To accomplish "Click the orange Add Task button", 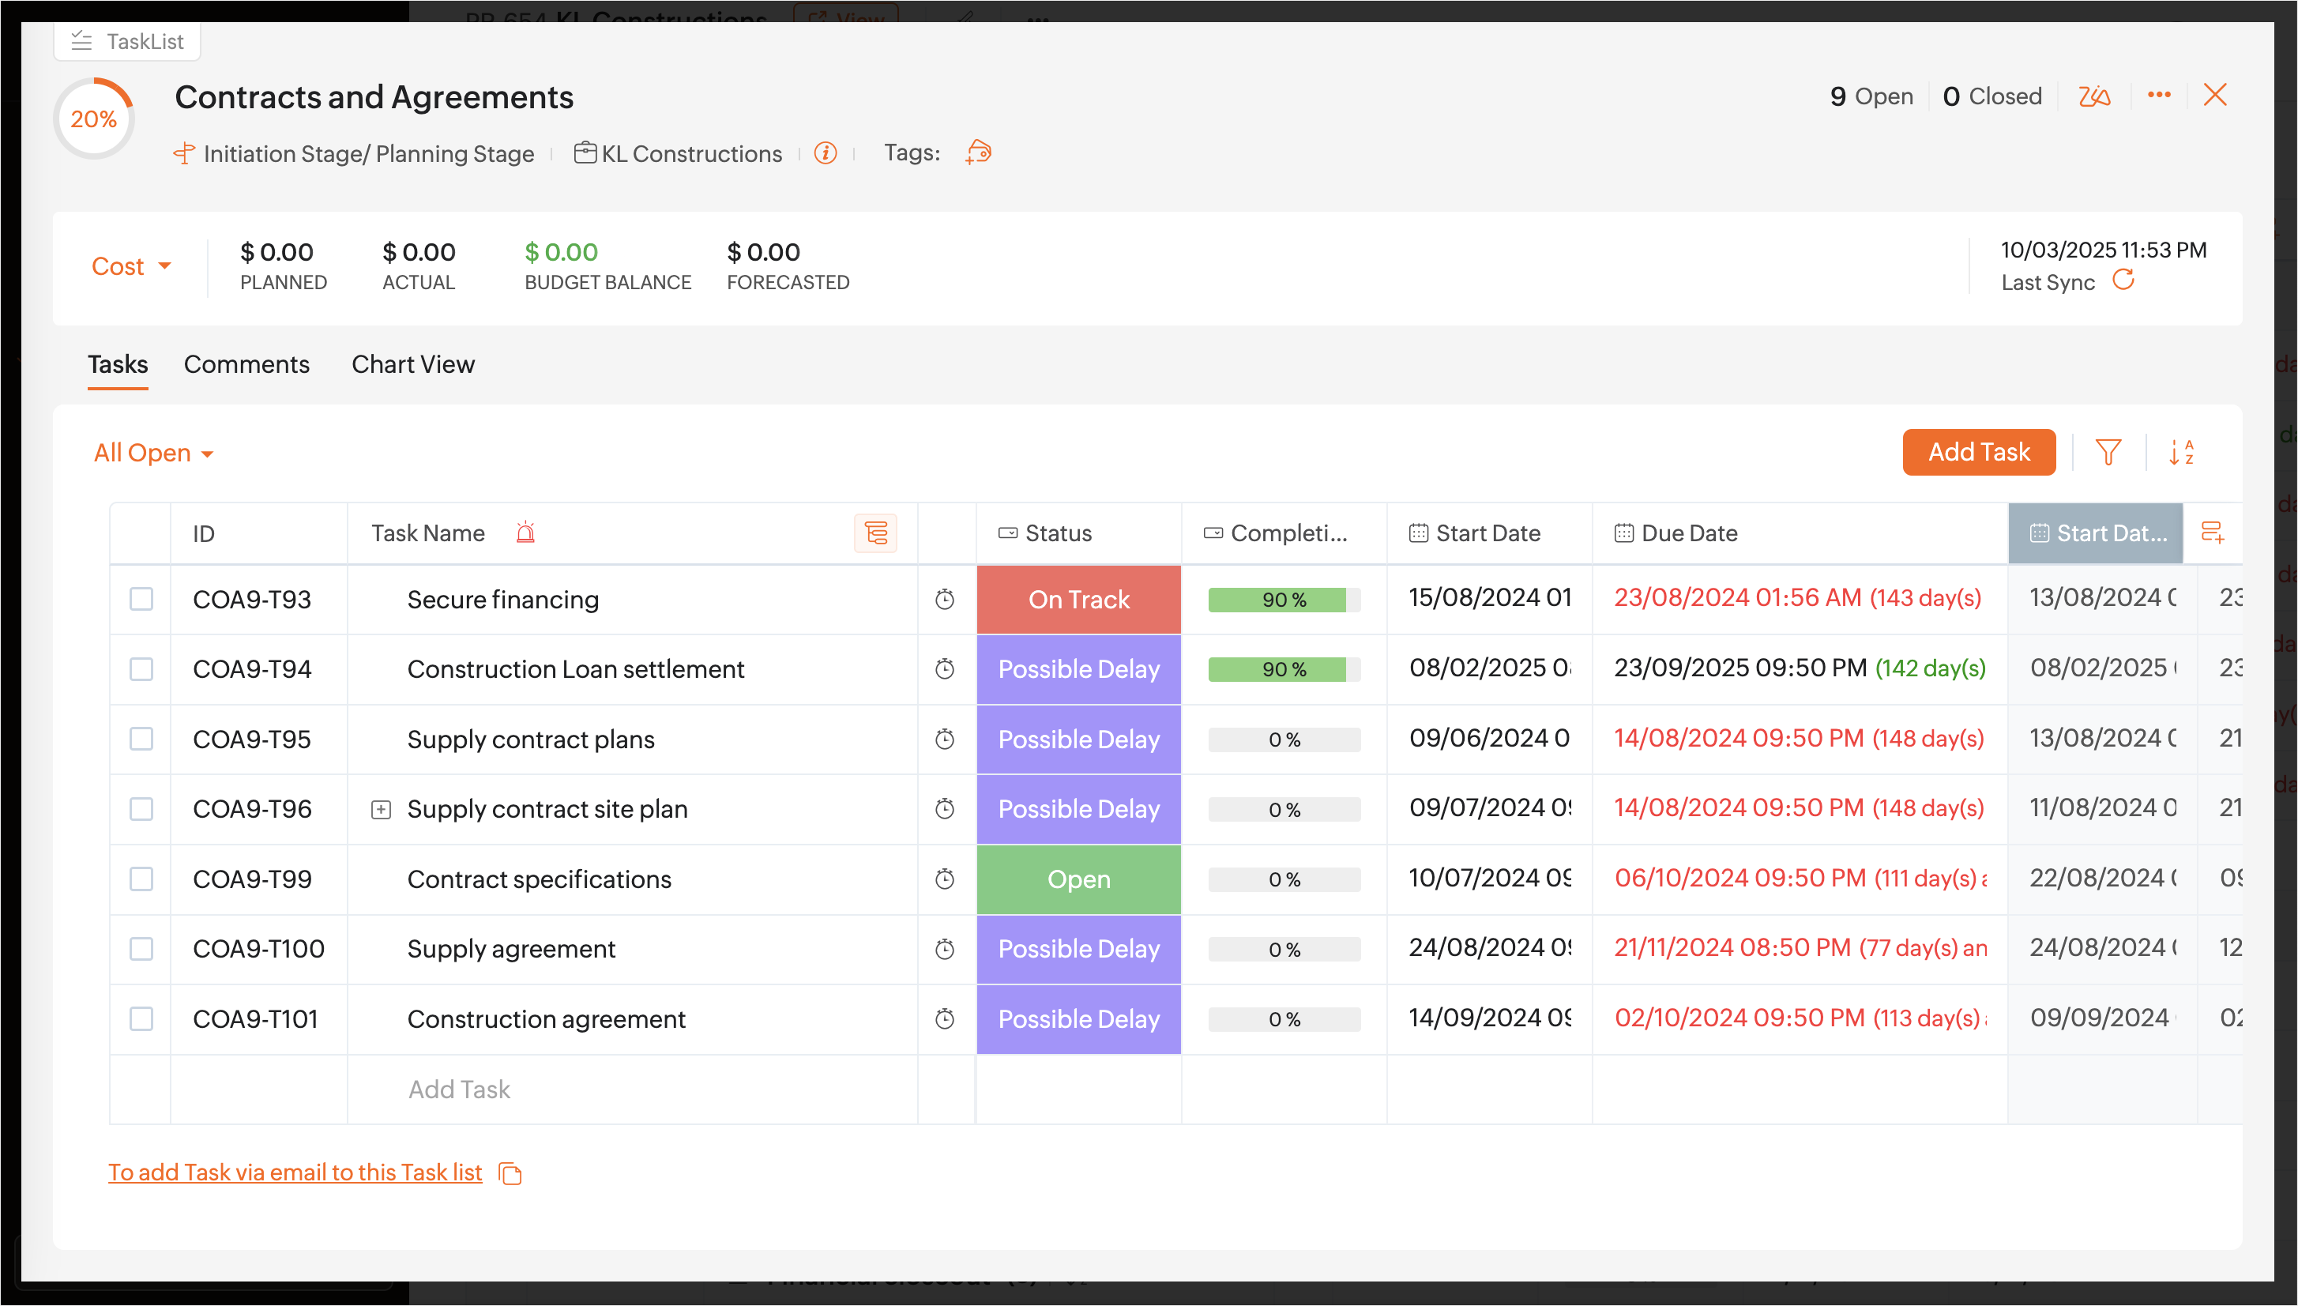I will click(1978, 452).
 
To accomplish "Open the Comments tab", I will click(246, 364).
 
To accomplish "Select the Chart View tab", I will click(412, 364).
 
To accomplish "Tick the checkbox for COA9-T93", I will click(141, 599).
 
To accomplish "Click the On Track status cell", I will click(1078, 599).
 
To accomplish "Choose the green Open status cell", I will click(1078, 879).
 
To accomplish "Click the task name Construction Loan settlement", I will click(575, 669).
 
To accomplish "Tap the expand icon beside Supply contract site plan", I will click(381, 810).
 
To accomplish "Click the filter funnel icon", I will click(2108, 452).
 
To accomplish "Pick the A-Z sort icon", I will click(2181, 452).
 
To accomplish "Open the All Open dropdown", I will click(153, 453).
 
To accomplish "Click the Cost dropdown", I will click(131, 266).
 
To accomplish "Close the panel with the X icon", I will click(2214, 95).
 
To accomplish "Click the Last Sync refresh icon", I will click(2123, 280).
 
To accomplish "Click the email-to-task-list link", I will click(295, 1172).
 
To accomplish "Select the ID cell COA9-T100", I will click(258, 949).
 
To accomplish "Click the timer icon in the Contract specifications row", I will click(945, 879).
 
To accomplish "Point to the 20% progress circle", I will click(94, 119).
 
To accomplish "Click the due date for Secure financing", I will click(1797, 598).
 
